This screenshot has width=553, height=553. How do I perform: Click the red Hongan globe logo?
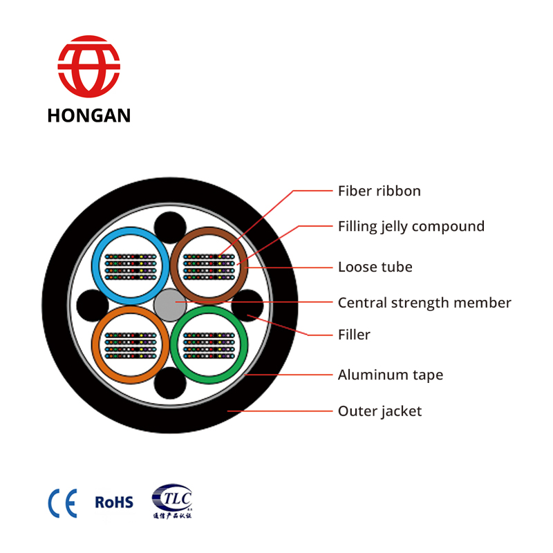89,66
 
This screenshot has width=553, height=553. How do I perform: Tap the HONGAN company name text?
89,115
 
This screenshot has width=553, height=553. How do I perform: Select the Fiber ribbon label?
379,191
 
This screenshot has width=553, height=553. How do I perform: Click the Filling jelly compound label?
411,227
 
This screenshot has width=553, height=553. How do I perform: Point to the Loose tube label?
375,267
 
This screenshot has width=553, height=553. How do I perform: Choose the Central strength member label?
424,303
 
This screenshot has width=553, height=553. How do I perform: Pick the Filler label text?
354,335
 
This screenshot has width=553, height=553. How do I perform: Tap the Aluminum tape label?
391,375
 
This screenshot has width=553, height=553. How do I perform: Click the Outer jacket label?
379,411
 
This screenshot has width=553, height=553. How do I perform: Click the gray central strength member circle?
170,305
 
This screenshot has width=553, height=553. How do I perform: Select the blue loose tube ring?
131,266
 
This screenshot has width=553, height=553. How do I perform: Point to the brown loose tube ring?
209,266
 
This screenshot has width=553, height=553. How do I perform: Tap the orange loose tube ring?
131,344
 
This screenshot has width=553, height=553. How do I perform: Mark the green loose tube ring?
209,344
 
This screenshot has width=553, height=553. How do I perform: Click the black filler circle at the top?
170,227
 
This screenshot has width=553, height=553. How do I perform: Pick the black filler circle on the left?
93,306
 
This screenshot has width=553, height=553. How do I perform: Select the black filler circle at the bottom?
170,383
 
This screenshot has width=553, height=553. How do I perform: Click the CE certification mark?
62,503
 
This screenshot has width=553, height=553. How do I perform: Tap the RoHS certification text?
114,503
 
